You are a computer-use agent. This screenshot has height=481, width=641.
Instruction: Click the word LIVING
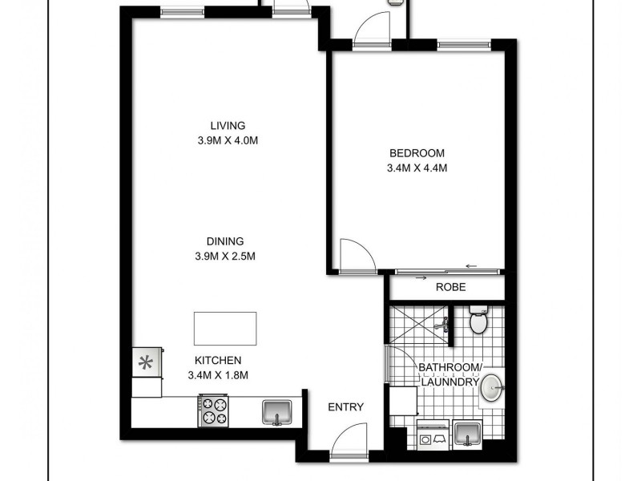(228, 125)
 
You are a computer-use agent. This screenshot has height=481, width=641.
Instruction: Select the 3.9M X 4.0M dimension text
(228, 140)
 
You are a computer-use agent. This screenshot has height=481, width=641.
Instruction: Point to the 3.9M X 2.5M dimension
(228, 256)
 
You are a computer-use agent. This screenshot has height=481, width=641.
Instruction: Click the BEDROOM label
(417, 153)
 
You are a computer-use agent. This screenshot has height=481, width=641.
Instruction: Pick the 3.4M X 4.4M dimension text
(417, 168)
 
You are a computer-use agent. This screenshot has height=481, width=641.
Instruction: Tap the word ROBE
(451, 287)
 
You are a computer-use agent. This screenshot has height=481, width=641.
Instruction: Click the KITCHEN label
(218, 360)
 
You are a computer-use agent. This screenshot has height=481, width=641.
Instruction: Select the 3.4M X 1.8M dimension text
(218, 375)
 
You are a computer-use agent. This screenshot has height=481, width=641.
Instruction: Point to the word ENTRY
(346, 407)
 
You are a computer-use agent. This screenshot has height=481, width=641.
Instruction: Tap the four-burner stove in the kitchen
(214, 411)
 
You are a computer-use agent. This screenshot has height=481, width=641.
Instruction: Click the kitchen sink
(277, 411)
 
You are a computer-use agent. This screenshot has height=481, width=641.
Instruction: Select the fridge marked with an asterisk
(146, 362)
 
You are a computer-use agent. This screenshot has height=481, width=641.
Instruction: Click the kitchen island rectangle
(225, 329)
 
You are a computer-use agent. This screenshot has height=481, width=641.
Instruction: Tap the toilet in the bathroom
(478, 321)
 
